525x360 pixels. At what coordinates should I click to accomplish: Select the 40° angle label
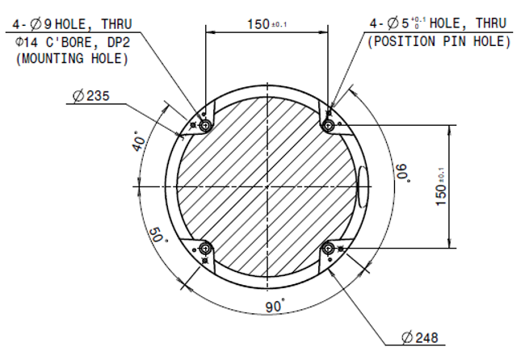(x=138, y=143)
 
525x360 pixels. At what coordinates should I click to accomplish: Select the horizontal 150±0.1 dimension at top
(x=267, y=23)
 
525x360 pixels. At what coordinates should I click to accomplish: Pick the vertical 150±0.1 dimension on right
(x=463, y=187)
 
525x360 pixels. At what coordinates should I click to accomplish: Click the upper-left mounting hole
(x=206, y=126)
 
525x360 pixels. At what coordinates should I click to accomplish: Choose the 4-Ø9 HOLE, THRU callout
(x=70, y=24)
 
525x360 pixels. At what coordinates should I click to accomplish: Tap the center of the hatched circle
(x=267, y=187)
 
